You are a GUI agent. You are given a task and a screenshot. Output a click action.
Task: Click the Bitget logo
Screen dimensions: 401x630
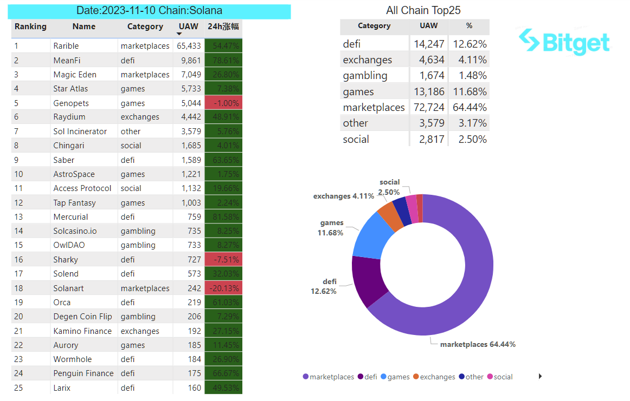(x=564, y=42)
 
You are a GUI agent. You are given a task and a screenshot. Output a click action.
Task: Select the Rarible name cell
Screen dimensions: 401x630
(x=66, y=46)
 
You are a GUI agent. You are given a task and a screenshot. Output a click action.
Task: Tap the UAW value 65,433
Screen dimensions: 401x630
(x=189, y=46)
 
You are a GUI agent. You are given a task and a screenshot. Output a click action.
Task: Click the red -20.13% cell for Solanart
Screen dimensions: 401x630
(x=223, y=288)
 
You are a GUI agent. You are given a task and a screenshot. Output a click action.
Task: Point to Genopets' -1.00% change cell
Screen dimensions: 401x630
(x=223, y=103)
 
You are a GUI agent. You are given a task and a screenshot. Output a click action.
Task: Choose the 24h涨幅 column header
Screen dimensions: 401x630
(x=223, y=26)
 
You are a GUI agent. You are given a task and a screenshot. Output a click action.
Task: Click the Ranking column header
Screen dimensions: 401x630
(x=30, y=26)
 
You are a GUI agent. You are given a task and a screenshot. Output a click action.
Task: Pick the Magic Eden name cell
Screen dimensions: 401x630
(x=75, y=74)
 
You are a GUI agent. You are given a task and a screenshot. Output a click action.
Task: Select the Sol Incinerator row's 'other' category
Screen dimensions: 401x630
(x=131, y=131)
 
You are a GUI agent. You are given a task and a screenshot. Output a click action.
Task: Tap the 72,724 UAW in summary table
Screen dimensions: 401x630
(x=428, y=107)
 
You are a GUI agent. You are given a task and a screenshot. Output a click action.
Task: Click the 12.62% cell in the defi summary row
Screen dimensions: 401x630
(x=469, y=44)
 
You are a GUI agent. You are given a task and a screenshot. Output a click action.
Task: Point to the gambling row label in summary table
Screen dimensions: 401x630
(x=365, y=75)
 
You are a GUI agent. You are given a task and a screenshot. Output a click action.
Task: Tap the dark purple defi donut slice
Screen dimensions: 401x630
(x=364, y=281)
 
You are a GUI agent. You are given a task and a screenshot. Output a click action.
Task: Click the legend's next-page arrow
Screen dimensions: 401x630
(x=540, y=376)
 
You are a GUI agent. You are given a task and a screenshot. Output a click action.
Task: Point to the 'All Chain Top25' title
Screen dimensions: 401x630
(x=415, y=10)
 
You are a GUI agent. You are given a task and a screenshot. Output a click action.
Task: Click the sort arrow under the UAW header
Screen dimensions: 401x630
(x=179, y=34)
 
